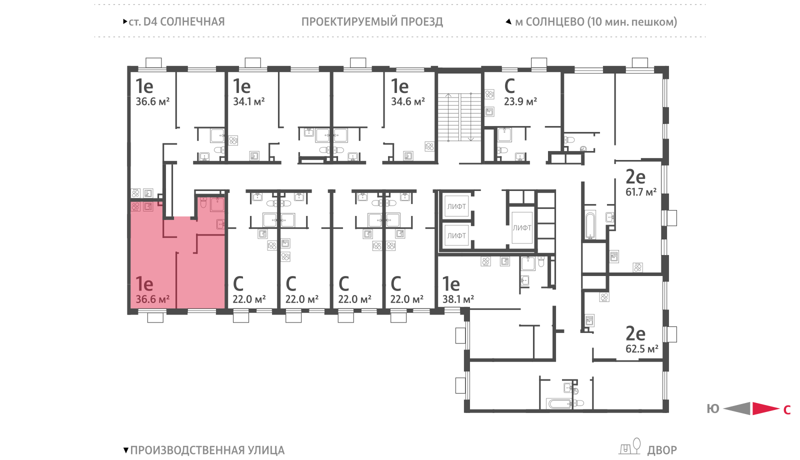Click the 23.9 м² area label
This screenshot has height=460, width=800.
pos(520,102)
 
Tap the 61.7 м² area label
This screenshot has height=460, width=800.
pos(641,192)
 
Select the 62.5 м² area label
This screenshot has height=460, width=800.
pos(642,348)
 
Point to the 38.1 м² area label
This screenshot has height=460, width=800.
pos(458,299)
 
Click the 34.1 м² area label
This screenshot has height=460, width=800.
pos(249,102)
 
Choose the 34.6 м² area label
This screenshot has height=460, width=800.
pos(408,102)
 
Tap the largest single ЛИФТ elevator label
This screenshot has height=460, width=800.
pos(522,227)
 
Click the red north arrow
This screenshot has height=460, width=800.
pos(766,408)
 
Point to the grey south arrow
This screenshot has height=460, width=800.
pos(737,408)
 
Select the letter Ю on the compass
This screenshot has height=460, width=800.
pos(713,409)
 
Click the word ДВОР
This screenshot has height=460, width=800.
pos(662,450)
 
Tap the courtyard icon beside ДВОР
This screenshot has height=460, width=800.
pos(629,446)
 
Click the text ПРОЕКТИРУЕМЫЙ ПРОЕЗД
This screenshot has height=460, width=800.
pos(372,22)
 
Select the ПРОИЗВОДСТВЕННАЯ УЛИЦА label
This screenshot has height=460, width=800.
pos(207,450)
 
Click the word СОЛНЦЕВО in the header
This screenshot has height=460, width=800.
pos(555,22)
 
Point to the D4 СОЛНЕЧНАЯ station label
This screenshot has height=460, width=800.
pos(183,22)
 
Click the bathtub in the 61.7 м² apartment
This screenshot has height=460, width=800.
pos(590,225)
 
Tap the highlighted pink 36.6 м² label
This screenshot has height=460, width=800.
pos(152,299)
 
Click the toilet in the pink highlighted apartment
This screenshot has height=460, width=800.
pos(203,202)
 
